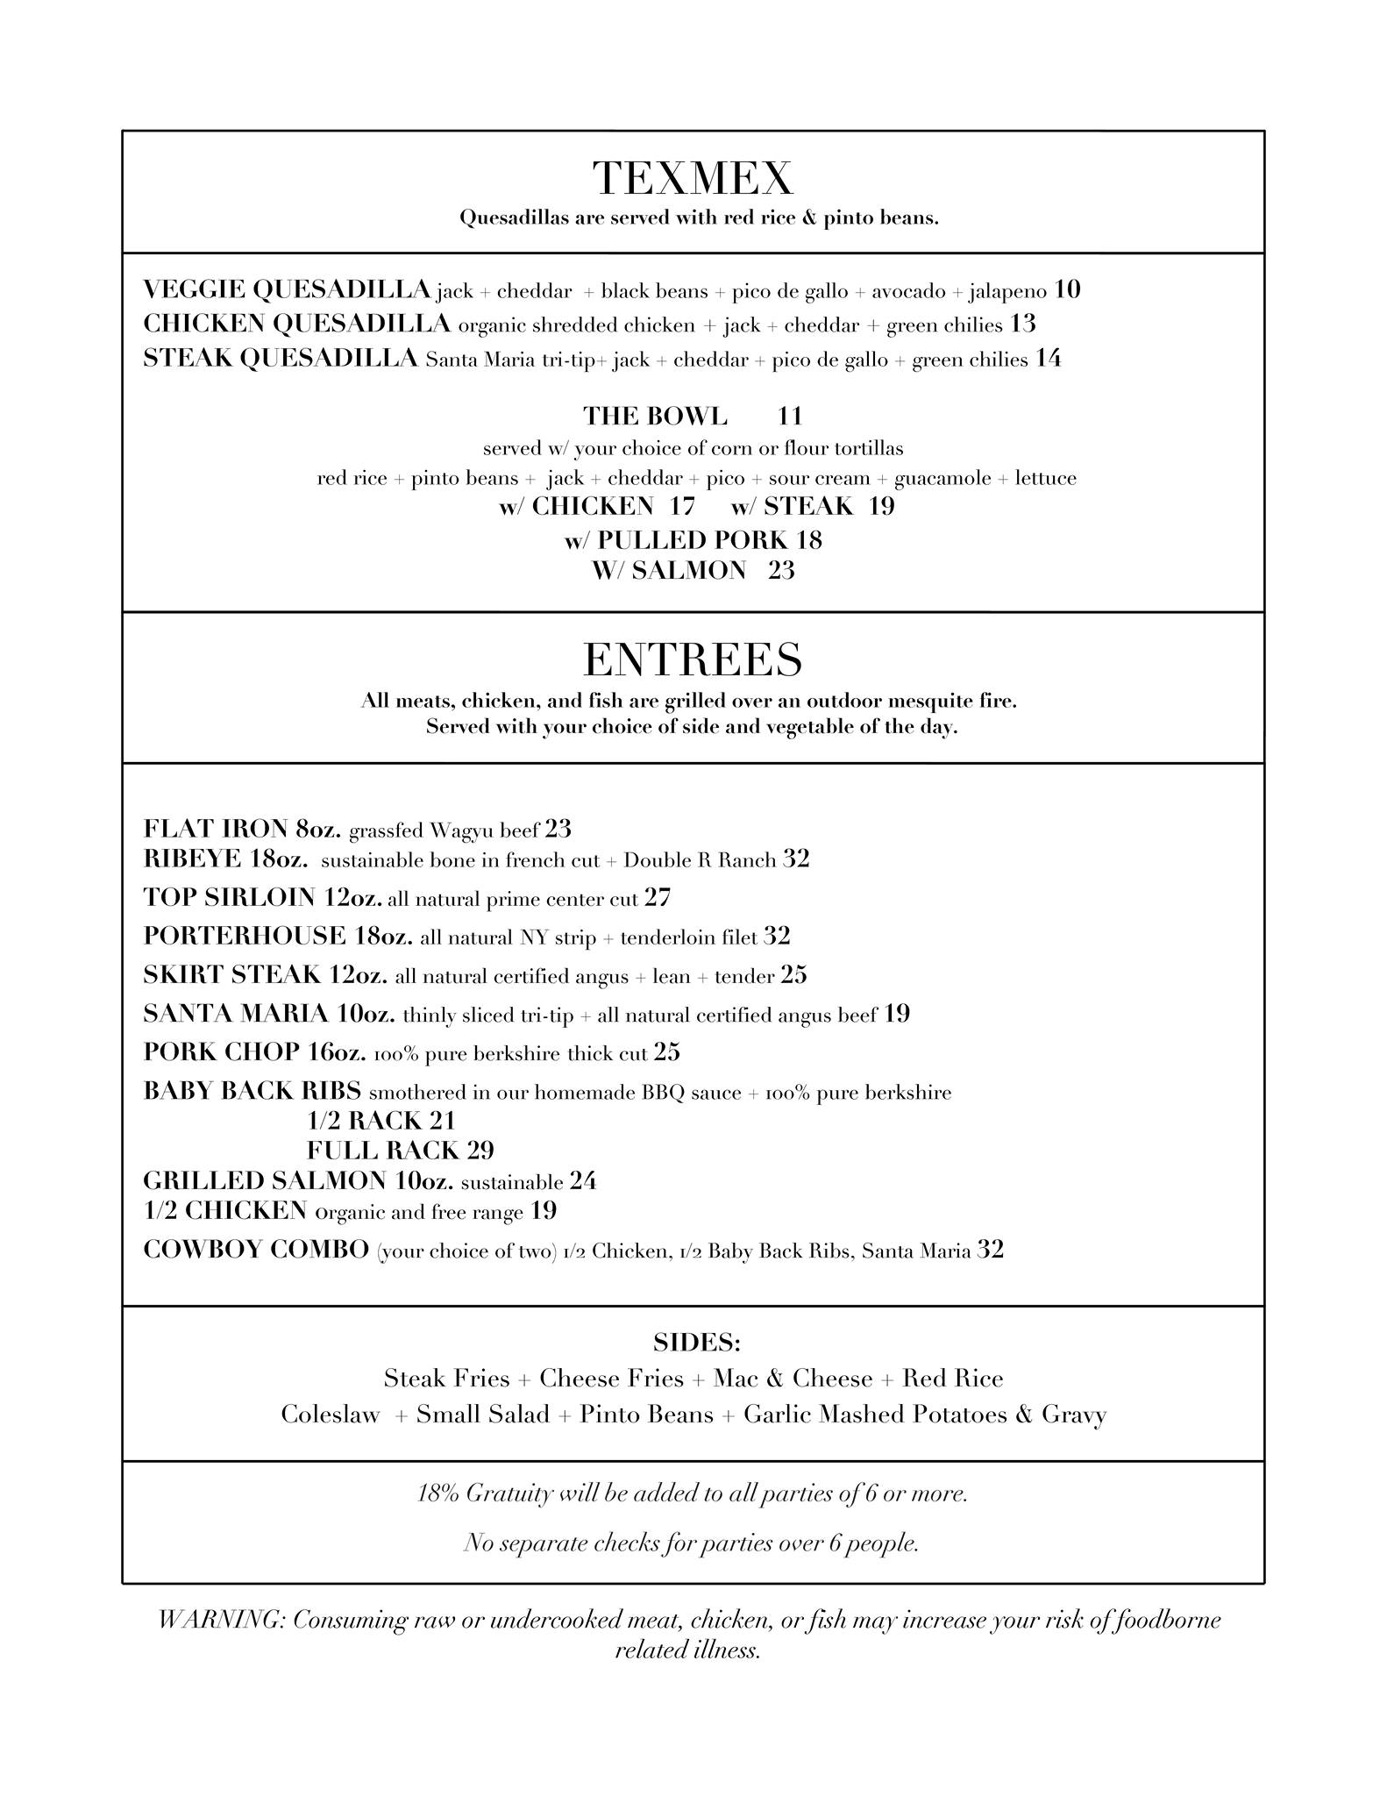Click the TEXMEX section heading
[x=693, y=178]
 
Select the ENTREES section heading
[x=693, y=659]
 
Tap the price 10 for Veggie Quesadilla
[x=1067, y=289]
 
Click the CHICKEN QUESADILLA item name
[x=296, y=324]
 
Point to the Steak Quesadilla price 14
[x=1048, y=359]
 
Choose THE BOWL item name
[x=655, y=416]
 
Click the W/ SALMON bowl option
[x=669, y=570]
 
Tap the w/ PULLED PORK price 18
[x=808, y=539]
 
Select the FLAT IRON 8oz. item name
[x=242, y=829]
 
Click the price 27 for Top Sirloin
[x=658, y=897]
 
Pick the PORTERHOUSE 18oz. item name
[x=278, y=937]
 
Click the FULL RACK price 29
[x=480, y=1151]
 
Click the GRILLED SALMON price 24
[x=583, y=1181]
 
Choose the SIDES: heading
[x=696, y=1343]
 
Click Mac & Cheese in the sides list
[x=793, y=1379]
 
